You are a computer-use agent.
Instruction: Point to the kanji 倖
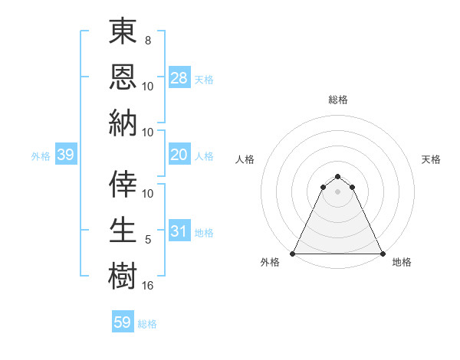(123, 183)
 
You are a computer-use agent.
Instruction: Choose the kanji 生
(123, 229)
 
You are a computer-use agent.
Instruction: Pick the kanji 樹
(123, 274)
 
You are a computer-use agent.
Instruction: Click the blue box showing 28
(179, 77)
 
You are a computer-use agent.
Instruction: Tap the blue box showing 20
(179, 155)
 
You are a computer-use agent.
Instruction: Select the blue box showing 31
(179, 231)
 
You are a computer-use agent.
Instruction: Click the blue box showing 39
(65, 155)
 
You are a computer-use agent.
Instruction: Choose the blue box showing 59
(123, 322)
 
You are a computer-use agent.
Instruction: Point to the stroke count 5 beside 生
(148, 240)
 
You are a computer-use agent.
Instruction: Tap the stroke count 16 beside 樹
(148, 285)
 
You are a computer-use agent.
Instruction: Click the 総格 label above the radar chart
(338, 100)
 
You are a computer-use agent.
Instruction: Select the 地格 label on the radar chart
(402, 262)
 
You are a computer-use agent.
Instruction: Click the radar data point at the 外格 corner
(293, 254)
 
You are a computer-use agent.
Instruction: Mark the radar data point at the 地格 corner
(383, 254)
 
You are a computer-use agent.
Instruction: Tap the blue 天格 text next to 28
(204, 79)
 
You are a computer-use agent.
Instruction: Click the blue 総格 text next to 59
(147, 324)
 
